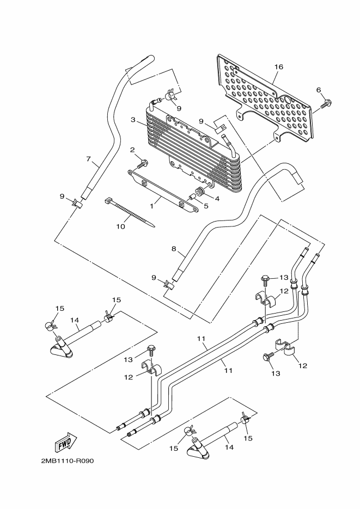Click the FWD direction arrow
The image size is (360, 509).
pos(67,443)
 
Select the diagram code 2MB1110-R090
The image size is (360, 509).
pos(68,461)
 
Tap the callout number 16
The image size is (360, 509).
pos(278,67)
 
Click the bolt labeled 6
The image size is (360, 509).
pos(326,104)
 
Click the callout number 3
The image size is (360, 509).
pos(133,120)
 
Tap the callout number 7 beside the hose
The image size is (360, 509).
pos(88,159)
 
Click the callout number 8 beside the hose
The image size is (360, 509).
pos(174,249)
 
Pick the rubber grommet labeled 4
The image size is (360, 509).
pos(200,191)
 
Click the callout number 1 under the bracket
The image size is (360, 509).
pos(151,206)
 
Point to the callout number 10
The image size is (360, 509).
pos(120,226)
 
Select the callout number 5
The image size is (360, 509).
pos(206,206)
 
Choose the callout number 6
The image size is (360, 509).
pos(318,90)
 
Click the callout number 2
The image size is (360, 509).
pos(132,150)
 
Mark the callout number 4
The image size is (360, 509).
pos(217,198)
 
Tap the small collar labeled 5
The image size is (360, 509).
pos(192,197)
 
